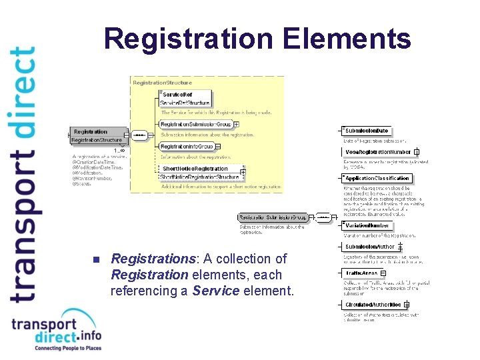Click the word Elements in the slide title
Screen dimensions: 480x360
(x=347, y=39)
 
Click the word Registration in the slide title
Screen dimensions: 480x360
(x=189, y=39)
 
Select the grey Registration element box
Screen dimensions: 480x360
(x=97, y=135)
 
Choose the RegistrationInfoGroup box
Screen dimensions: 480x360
(x=187, y=146)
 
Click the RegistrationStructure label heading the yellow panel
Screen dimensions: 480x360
(x=163, y=82)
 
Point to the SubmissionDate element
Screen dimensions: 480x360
(x=367, y=131)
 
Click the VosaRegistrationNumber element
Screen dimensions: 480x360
(x=378, y=152)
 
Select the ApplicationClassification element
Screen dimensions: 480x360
(x=377, y=179)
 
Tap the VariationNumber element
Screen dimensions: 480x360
(x=367, y=226)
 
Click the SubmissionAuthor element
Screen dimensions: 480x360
(x=370, y=247)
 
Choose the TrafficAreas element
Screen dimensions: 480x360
(x=362, y=273)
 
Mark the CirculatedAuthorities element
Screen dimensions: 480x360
(x=373, y=305)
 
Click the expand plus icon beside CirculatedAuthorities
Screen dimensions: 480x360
(x=406, y=305)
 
